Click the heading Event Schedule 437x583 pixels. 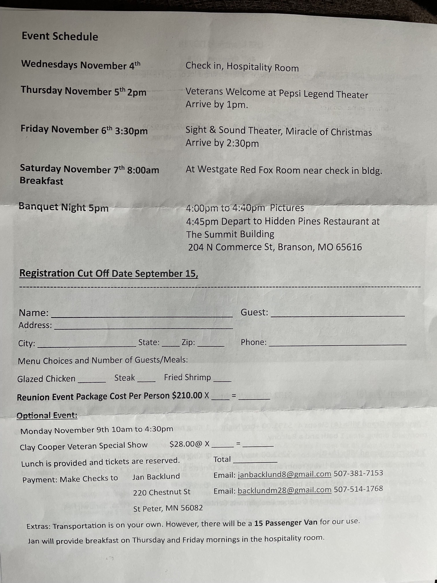(60, 36)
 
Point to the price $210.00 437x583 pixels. (187, 395)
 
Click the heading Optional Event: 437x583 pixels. (47, 416)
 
